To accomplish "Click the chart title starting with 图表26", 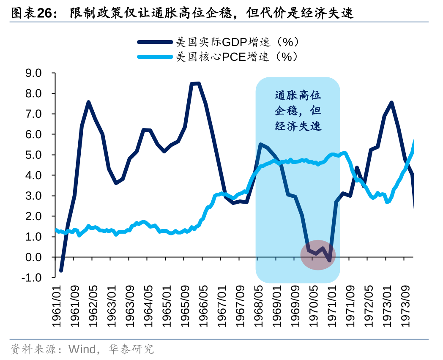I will click(x=182, y=13).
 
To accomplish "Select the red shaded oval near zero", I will click(x=318, y=255).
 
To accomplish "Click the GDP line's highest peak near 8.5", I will click(x=195, y=84).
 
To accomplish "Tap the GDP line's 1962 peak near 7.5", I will click(x=88, y=102).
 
